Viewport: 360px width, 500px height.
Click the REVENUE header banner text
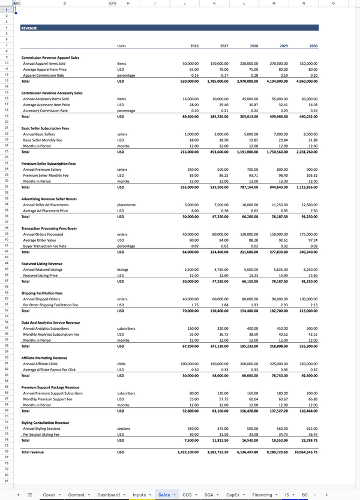29,28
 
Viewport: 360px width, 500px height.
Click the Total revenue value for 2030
304,451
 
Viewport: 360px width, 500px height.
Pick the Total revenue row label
32,451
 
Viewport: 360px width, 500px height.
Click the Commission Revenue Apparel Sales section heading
50,58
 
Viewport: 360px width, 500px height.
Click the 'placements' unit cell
126,205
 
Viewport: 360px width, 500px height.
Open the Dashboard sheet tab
109,495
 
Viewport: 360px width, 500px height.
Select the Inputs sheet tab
139,495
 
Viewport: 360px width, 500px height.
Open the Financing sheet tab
262,495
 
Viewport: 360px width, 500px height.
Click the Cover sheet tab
50,495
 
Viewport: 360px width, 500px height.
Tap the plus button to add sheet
19,495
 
